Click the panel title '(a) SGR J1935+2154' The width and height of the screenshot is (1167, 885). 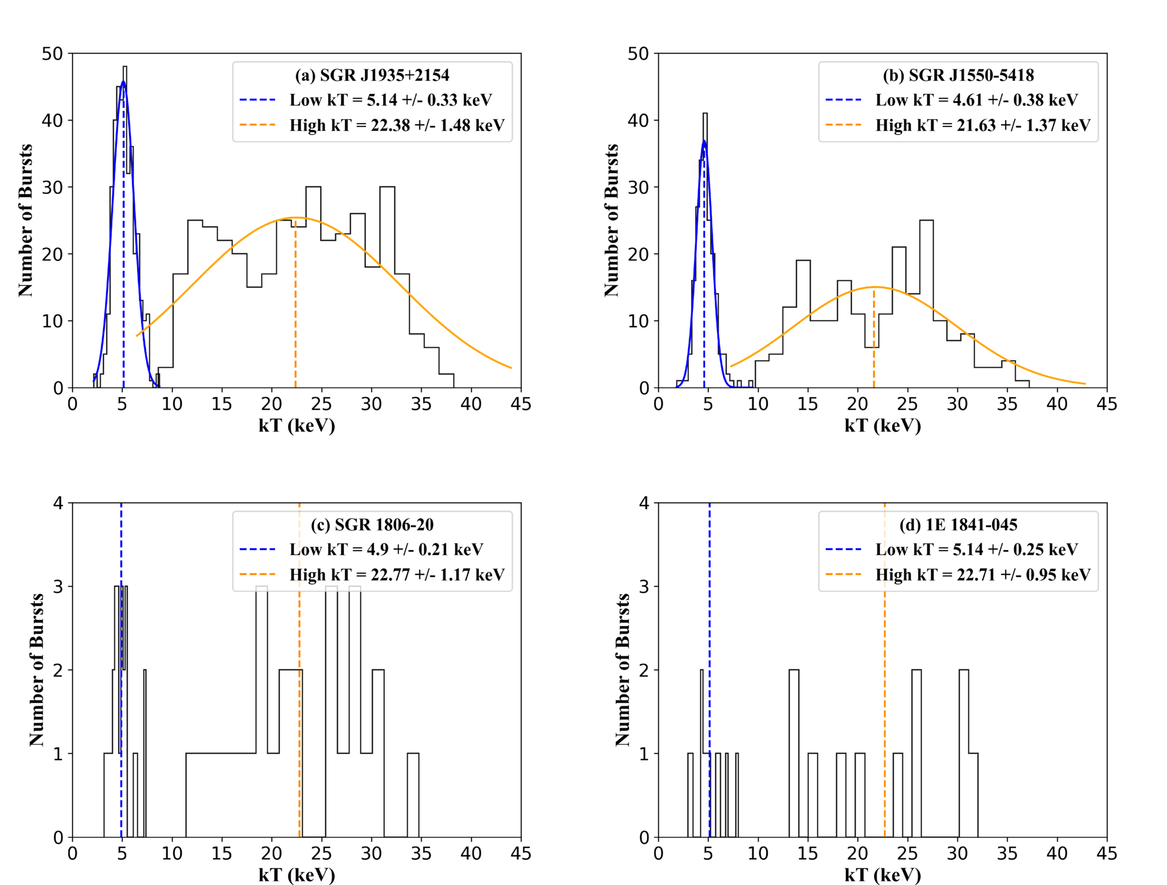372,75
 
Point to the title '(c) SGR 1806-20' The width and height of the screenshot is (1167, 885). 372,525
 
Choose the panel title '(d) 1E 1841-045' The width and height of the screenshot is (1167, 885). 958,525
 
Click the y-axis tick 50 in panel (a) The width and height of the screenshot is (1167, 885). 53,54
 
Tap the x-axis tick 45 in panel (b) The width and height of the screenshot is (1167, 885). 1107,404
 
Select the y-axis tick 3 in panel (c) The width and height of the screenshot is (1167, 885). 58,587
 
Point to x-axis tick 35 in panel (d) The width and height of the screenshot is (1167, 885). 1007,853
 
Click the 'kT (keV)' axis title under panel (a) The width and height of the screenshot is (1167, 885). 297,426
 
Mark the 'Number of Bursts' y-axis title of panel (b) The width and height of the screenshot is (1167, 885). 611,220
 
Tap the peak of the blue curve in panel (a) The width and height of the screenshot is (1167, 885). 123,82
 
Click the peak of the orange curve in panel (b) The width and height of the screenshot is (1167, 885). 875,287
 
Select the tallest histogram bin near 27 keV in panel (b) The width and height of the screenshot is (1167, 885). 926,304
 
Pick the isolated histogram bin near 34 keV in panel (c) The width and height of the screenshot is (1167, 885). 413,795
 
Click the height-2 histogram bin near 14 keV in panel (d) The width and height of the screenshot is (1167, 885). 794,754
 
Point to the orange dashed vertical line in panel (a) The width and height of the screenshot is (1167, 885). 295,304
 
